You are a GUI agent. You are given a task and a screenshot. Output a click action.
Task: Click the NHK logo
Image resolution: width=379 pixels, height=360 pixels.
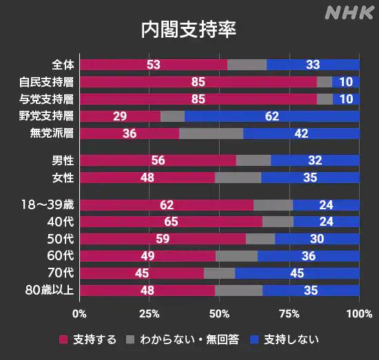(x=349, y=13)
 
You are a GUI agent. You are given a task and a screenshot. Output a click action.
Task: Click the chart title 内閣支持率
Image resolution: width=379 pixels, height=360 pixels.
(x=189, y=30)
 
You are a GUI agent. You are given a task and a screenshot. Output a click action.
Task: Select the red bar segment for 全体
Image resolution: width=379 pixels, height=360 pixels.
(x=154, y=65)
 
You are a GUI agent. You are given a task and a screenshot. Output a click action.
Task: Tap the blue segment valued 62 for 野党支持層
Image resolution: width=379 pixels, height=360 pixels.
(x=272, y=116)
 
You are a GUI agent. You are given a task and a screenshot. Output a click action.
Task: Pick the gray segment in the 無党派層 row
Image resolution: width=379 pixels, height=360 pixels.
(x=211, y=134)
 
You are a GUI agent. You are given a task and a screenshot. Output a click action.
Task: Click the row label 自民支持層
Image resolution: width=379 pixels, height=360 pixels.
(x=46, y=82)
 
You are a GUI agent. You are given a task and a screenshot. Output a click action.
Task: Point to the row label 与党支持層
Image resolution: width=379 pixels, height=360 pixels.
(x=46, y=99)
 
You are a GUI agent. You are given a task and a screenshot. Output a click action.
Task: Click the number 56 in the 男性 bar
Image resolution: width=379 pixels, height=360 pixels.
(x=158, y=160)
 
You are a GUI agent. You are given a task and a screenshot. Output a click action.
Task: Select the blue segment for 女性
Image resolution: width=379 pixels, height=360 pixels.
(x=310, y=178)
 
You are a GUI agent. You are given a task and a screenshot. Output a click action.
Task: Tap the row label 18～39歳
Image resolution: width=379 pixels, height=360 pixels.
(x=48, y=204)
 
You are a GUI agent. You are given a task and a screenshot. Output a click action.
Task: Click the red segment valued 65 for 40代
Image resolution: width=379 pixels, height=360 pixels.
(x=171, y=222)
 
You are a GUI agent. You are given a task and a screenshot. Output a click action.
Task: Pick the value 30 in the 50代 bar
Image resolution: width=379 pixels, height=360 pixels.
(x=317, y=239)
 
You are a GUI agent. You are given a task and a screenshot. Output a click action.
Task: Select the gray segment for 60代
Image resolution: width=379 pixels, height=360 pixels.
(x=236, y=256)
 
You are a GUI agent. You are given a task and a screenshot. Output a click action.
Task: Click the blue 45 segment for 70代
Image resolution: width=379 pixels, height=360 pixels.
(x=297, y=273)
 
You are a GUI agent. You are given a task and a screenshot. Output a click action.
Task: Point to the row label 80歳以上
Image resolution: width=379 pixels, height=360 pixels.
(x=50, y=290)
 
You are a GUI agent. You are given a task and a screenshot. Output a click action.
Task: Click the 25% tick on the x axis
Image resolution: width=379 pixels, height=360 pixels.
(x=150, y=314)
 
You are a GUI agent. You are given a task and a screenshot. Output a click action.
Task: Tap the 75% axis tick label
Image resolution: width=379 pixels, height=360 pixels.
(x=289, y=314)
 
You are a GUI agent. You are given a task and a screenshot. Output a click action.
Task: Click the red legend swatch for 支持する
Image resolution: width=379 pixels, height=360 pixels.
(x=63, y=339)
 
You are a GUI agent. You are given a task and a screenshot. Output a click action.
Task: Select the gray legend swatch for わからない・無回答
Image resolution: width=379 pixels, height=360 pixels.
(x=130, y=339)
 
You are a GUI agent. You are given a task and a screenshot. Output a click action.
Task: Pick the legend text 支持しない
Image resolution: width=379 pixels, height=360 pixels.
(x=291, y=339)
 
